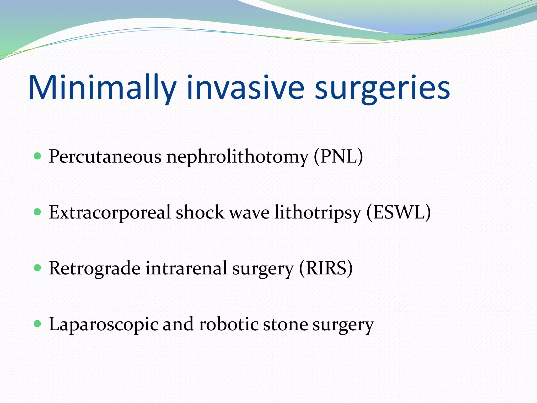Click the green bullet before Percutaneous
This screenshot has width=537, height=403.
click(x=38, y=156)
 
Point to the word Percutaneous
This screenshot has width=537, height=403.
click(x=105, y=157)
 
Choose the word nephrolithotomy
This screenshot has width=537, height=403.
click(x=237, y=157)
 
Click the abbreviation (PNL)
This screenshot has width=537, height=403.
click(x=338, y=157)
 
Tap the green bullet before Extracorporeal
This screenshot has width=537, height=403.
click(x=38, y=212)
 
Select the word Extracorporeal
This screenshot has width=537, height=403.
click(x=110, y=213)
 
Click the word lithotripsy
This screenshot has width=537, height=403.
click(x=318, y=213)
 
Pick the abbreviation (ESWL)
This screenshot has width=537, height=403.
click(x=398, y=213)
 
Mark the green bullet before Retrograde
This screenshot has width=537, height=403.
click(x=38, y=268)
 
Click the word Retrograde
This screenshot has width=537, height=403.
click(x=94, y=268)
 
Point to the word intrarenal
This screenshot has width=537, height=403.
click(x=186, y=268)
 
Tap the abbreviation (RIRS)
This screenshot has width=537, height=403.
click(x=326, y=268)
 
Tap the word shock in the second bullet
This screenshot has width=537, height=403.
click(x=200, y=213)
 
